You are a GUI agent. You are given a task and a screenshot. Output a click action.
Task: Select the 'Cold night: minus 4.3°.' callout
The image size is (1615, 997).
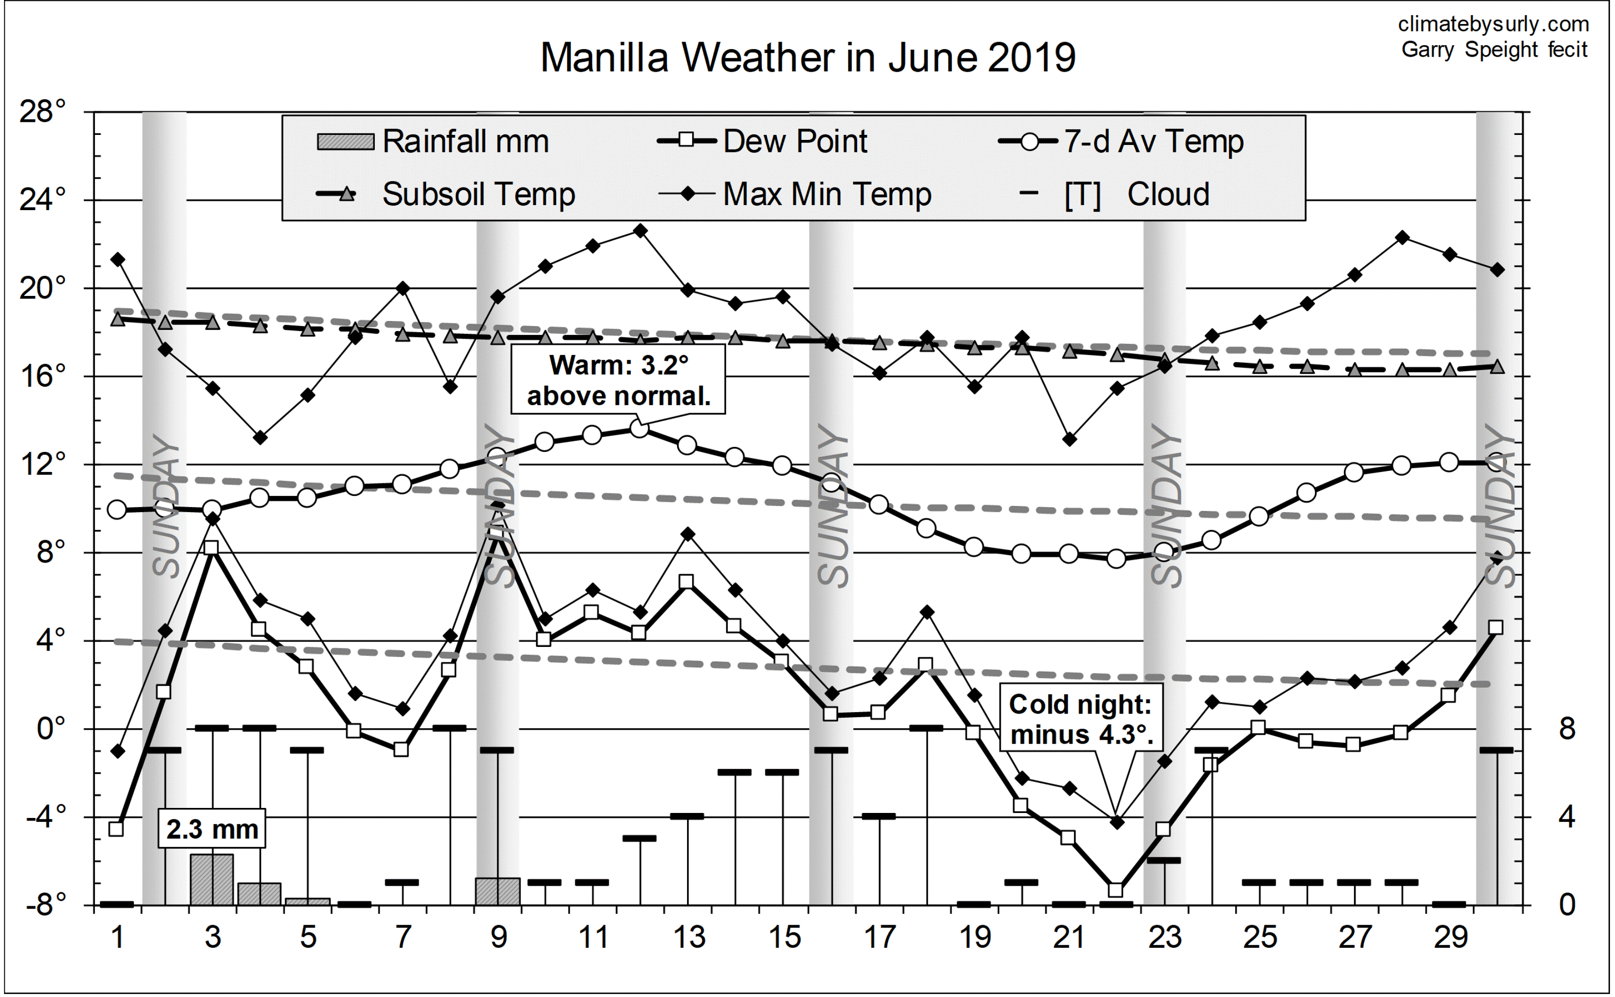(x=1080, y=719)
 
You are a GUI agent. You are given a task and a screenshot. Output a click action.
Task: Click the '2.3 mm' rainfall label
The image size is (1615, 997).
(x=212, y=829)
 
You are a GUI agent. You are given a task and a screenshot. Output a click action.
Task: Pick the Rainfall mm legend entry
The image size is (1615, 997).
(x=433, y=141)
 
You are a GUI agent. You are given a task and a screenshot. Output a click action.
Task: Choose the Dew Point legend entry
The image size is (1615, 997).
(x=763, y=141)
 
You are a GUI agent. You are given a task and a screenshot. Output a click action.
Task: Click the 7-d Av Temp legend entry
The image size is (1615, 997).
(x=1122, y=141)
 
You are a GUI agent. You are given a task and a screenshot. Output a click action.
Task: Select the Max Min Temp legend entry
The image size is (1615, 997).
(x=795, y=194)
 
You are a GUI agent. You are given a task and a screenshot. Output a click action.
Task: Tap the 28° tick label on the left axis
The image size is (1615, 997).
(x=43, y=112)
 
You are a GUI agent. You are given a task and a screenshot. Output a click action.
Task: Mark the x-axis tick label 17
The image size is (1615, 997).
(x=879, y=937)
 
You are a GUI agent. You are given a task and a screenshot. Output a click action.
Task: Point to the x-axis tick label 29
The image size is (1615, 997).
(x=1450, y=937)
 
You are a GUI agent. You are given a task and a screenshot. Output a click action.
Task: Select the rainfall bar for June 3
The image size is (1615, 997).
(x=212, y=880)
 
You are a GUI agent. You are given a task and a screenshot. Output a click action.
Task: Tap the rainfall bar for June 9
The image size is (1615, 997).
(x=497, y=892)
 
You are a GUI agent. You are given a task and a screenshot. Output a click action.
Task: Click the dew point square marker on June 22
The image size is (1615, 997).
(x=1116, y=890)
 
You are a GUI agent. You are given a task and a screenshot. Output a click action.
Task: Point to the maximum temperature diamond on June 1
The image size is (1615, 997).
(x=117, y=260)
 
